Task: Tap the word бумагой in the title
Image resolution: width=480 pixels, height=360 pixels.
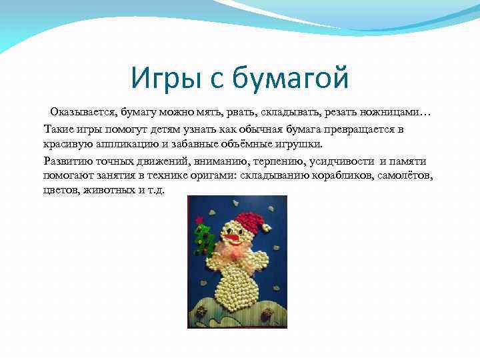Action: point(291,79)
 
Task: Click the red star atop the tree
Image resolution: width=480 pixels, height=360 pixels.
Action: point(198,219)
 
